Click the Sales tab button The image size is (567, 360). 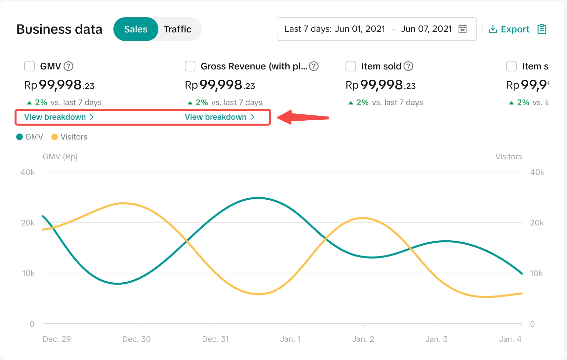pos(136,29)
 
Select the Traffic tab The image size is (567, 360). pos(178,29)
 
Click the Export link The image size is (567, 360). pos(509,29)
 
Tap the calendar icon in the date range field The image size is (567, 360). pos(463,29)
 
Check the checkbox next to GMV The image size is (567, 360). pos(29,66)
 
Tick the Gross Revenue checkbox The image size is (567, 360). pos(190,66)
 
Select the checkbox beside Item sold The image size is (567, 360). pos(351,66)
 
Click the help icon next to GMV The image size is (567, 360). pos(68,66)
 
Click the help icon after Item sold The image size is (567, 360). pos(409,66)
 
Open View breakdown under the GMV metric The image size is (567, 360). pos(59,117)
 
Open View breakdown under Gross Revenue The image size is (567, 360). pos(220,117)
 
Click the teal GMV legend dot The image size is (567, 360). pos(20,137)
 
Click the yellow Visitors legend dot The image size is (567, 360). pos(55,137)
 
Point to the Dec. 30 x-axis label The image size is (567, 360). pos(136,339)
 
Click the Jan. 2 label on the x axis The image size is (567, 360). pos(363,339)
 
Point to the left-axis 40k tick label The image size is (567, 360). pos(27,172)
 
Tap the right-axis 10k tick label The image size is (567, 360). pos(536,273)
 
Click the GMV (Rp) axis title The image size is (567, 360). pos(60,157)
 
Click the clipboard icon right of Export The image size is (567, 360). pos(542,29)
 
